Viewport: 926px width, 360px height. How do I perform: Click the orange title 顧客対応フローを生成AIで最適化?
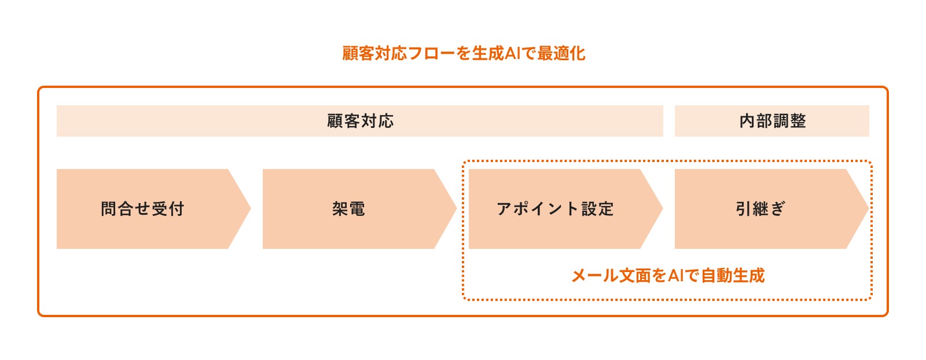[463, 53]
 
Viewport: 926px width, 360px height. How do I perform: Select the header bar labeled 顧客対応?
[359, 121]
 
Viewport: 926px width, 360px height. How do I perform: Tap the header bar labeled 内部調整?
[772, 121]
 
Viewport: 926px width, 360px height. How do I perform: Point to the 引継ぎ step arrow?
[760, 209]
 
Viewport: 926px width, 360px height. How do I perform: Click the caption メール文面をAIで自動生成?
[668, 275]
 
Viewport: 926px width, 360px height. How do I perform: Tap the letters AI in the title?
[513, 53]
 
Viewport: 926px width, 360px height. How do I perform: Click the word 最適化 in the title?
[561, 53]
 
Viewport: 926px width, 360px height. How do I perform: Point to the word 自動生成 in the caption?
[733, 275]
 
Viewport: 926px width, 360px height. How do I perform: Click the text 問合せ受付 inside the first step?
[142, 209]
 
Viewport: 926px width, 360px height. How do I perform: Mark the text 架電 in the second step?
[348, 209]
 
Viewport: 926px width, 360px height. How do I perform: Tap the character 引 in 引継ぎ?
[743, 209]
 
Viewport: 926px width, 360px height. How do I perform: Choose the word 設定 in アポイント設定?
[598, 209]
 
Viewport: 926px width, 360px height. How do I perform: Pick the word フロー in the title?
[431, 53]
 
